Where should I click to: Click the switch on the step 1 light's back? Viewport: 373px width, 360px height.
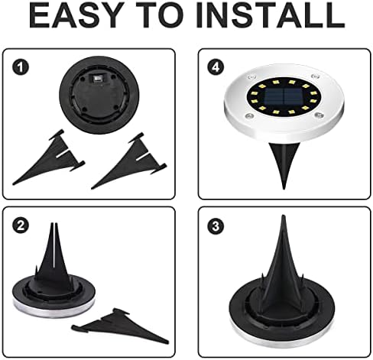[96, 80]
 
